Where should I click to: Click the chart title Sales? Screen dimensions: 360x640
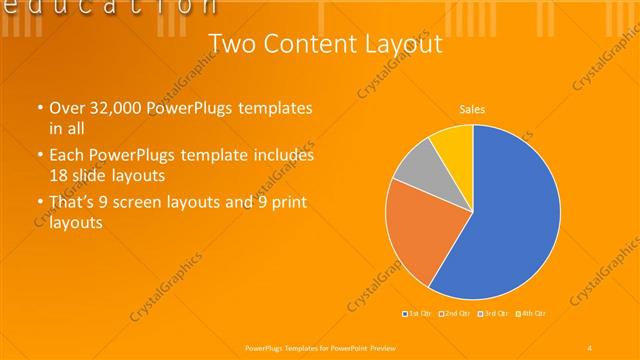[x=473, y=109]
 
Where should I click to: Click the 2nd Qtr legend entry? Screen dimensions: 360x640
[x=455, y=314]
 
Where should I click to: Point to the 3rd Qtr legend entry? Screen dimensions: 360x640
[x=493, y=314]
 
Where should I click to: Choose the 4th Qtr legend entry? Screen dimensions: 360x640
[x=531, y=314]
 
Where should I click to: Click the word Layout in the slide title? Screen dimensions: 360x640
[x=400, y=43]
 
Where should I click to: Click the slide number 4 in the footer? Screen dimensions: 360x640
[x=590, y=347]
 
